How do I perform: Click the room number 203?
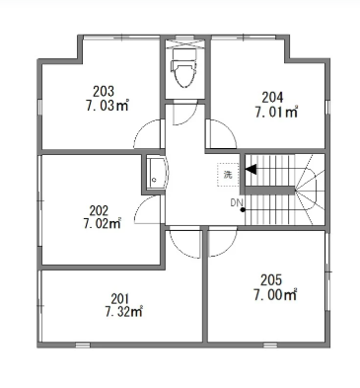pyautogui.click(x=104, y=92)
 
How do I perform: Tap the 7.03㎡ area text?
pyautogui.click(x=107, y=106)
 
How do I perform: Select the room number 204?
pyautogui.click(x=272, y=98)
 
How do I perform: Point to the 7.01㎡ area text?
pyautogui.click(x=276, y=113)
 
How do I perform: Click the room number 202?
pyautogui.click(x=99, y=210)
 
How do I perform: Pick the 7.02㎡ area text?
pyautogui.click(x=103, y=224)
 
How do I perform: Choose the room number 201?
pyautogui.click(x=120, y=299)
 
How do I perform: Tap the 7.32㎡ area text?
pyautogui.click(x=123, y=312)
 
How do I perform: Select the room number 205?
pyautogui.click(x=271, y=280)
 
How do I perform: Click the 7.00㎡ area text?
pyautogui.click(x=275, y=295)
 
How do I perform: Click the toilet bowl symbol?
pyautogui.click(x=183, y=68)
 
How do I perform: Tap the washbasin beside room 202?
pyautogui.click(x=157, y=173)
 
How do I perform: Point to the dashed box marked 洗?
pyautogui.click(x=228, y=175)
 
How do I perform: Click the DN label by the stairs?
pyautogui.click(x=236, y=203)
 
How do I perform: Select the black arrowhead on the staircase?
pyautogui.click(x=251, y=169)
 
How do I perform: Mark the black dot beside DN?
pyautogui.click(x=243, y=210)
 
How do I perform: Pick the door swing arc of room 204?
pyautogui.click(x=230, y=127)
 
